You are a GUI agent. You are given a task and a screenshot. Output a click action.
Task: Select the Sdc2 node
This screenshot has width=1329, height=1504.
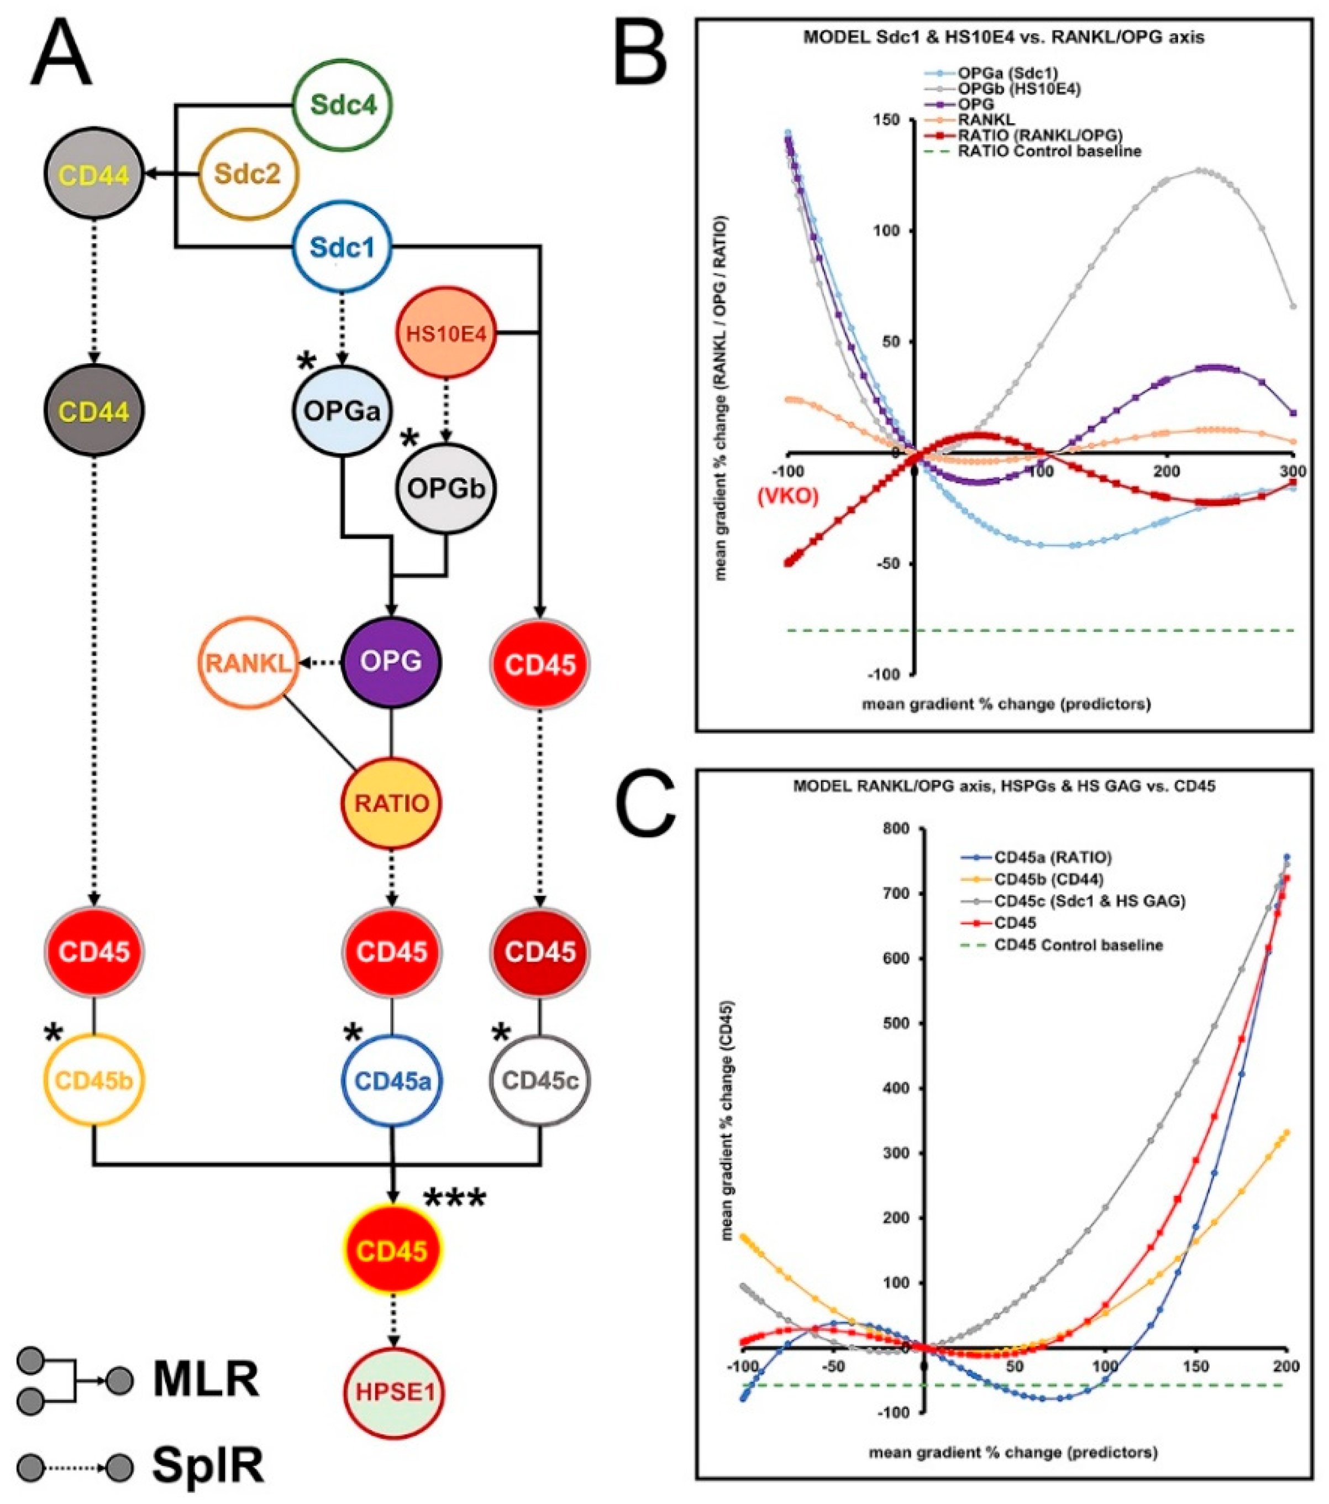(x=248, y=174)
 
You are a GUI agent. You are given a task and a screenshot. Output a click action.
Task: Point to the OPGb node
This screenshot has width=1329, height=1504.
(x=446, y=488)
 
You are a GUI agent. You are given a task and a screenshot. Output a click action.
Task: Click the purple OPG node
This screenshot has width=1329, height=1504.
(x=391, y=661)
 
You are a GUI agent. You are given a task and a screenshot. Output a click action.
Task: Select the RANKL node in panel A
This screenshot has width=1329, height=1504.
(x=248, y=663)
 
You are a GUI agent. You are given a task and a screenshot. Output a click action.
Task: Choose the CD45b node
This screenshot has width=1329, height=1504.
(x=94, y=1081)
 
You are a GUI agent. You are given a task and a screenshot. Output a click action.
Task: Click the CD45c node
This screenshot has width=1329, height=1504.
(x=540, y=1081)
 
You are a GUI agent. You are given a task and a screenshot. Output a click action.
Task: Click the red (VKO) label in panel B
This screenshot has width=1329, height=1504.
(x=787, y=496)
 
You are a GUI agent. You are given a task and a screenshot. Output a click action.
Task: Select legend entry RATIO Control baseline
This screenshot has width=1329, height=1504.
(x=1049, y=152)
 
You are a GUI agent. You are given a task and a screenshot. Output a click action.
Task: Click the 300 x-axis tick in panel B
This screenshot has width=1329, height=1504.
(x=1286, y=471)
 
